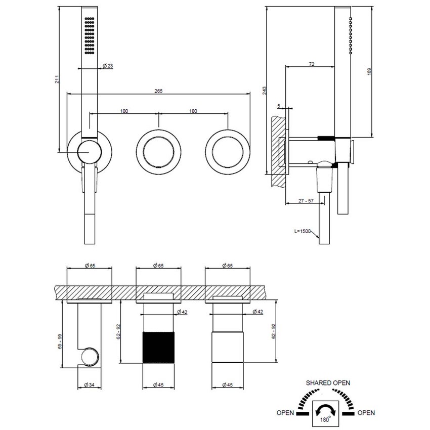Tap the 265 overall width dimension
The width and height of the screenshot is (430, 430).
pos(159,91)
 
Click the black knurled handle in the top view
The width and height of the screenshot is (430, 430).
pos(159,347)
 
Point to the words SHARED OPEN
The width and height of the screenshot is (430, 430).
pos(327,383)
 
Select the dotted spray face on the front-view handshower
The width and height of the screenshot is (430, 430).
pos(89,35)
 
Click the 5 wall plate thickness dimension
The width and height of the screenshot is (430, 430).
pos(278,106)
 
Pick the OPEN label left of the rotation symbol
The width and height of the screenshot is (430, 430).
pos(286,413)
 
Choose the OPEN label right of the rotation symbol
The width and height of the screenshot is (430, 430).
pos(366,413)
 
